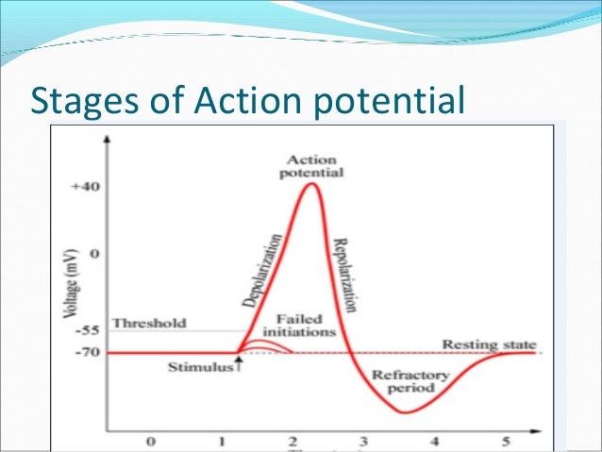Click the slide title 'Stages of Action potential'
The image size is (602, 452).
tap(247, 98)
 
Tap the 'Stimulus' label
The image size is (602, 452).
tap(200, 367)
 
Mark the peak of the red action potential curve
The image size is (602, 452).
tap(311, 184)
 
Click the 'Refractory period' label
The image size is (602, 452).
tap(403, 379)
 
